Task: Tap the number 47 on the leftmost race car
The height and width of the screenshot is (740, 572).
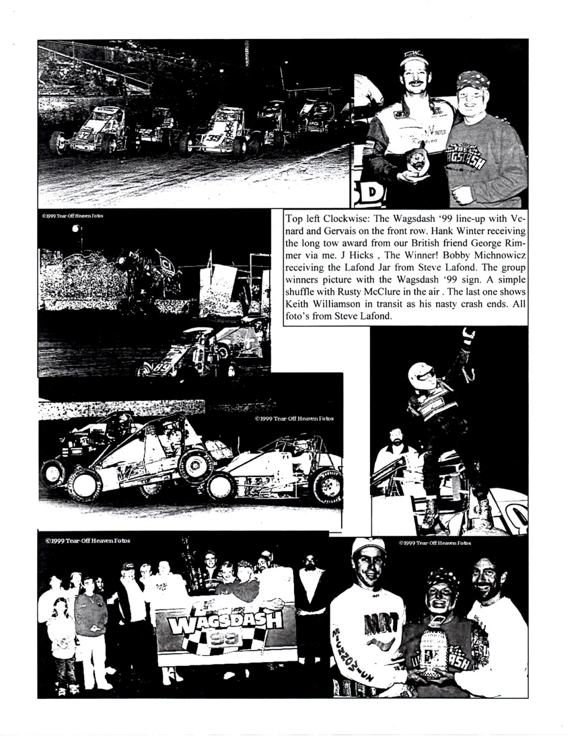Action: click(x=83, y=135)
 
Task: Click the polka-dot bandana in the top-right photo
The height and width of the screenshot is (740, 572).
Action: click(x=473, y=81)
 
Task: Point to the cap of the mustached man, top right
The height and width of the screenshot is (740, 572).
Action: click(x=415, y=60)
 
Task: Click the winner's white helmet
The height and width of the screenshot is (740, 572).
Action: click(x=421, y=375)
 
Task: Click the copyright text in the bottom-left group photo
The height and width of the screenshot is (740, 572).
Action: click(x=87, y=540)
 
